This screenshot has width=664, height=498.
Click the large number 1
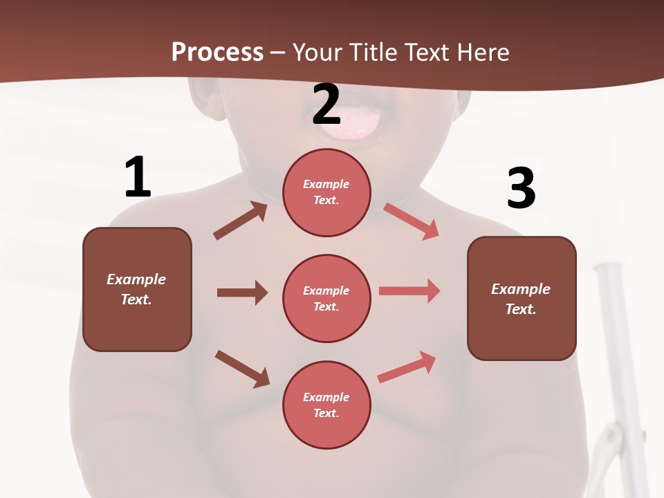coord(138,177)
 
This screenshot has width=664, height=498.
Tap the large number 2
coord(326,104)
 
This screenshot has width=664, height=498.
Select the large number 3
coord(521,189)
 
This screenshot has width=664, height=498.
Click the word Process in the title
coord(217,52)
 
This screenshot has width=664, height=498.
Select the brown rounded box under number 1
coord(137,289)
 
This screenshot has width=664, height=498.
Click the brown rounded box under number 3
coord(522,299)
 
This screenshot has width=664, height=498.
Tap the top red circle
coord(326,192)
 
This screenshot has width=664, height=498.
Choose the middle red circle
coord(326,298)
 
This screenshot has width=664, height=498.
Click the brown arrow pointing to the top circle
coord(240,221)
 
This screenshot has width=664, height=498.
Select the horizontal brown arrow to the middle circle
coord(242,293)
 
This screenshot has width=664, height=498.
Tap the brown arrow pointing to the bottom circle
coord(242,368)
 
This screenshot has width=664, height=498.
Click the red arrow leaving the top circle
coord(411,221)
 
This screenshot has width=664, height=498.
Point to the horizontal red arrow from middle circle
coord(409,291)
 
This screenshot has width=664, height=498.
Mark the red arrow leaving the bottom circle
coord(407,367)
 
